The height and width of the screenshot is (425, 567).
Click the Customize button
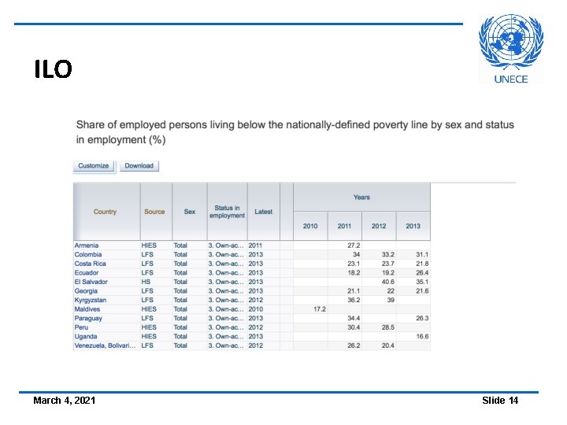(94, 166)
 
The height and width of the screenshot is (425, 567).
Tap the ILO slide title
(53, 70)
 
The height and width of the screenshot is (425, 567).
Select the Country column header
(105, 212)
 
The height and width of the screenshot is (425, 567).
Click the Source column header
(154, 212)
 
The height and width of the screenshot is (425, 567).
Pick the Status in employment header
(227, 212)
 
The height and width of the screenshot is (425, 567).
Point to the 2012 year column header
(379, 226)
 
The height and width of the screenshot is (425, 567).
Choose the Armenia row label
(87, 246)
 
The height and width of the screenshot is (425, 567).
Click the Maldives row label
(88, 309)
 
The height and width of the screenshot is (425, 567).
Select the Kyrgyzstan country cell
(91, 300)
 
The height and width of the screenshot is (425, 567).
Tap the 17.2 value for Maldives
(319, 309)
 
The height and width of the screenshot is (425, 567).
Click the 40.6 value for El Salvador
(387, 282)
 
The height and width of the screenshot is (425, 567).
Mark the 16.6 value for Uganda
(422, 336)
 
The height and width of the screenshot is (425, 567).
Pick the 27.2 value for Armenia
(353, 246)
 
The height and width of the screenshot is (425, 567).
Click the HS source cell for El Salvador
(146, 282)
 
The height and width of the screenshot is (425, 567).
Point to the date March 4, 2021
(65, 401)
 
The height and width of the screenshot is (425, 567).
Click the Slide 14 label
(500, 401)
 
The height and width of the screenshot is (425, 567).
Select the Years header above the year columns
(361, 198)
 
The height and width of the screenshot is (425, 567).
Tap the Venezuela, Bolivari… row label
(105, 346)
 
